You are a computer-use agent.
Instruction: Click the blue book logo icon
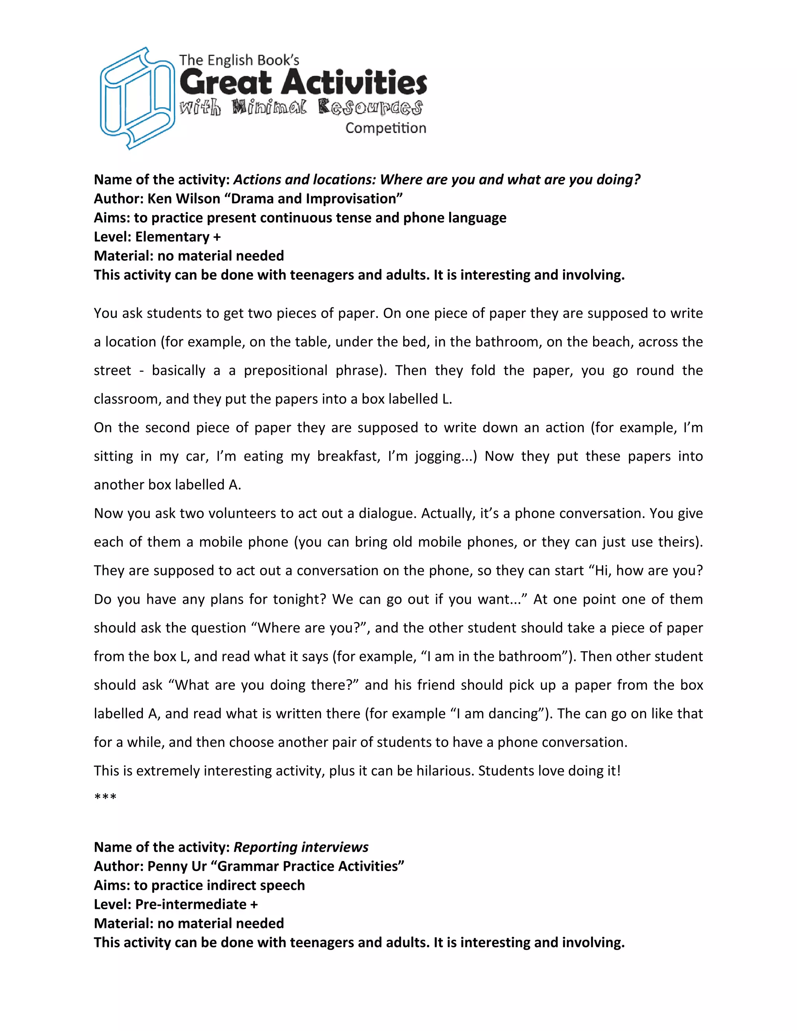click(137, 98)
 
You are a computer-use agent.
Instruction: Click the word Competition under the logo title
click(385, 128)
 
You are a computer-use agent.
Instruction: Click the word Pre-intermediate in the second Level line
click(191, 904)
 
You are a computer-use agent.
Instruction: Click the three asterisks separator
click(105, 798)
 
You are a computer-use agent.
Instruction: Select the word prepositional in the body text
click(285, 370)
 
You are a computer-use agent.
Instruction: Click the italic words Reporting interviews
click(301, 847)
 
